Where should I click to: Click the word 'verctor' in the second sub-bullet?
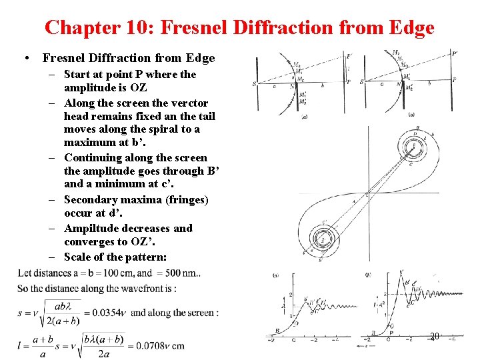189,103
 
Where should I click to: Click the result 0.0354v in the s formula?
107,313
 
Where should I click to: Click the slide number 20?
435,337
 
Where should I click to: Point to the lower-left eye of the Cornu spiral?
323,239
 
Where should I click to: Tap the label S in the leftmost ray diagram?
254,83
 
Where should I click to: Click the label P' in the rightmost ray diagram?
454,53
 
